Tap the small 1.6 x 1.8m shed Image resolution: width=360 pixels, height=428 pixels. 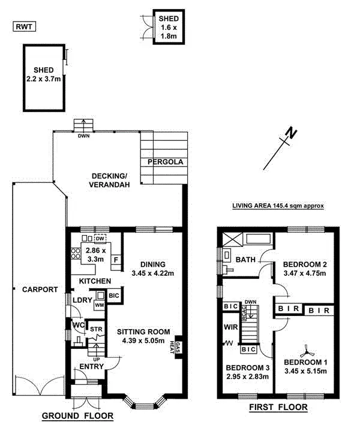167,27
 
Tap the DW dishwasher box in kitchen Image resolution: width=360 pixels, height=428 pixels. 100,236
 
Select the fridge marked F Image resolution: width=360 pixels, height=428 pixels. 116,260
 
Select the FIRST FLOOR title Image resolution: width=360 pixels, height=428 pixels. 278,408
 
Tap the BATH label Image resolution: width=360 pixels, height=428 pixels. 245,260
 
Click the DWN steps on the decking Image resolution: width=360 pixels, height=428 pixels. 83,126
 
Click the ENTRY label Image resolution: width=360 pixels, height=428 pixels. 91,366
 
